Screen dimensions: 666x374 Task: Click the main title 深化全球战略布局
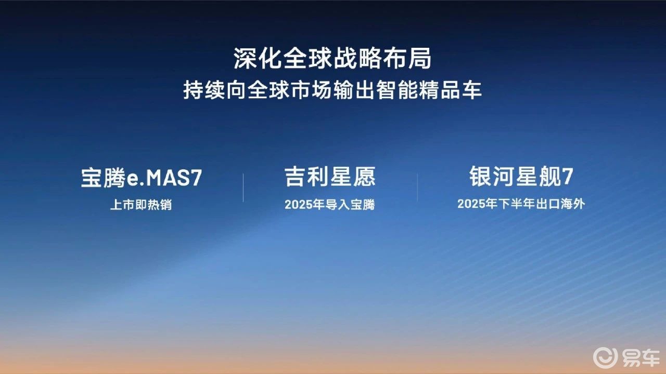tap(332, 59)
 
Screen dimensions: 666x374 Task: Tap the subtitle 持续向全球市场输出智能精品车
tap(332, 90)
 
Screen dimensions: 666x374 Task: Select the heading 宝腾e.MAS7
tap(142, 178)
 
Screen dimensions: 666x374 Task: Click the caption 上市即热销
tap(141, 205)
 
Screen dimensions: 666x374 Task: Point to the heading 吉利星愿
tap(330, 177)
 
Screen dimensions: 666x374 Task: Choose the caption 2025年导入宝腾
tap(330, 205)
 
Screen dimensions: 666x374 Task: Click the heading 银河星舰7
tap(521, 176)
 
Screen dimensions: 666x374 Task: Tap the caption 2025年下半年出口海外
tap(521, 204)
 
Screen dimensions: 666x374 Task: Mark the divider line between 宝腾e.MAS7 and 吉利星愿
tap(243, 188)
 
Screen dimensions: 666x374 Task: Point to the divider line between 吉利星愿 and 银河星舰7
tap(417, 188)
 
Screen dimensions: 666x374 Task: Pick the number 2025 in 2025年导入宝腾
tap(298, 205)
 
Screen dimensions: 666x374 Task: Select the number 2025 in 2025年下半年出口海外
tap(470, 204)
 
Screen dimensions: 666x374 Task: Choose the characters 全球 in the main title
tap(308, 59)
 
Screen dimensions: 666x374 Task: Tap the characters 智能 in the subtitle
tap(396, 90)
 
